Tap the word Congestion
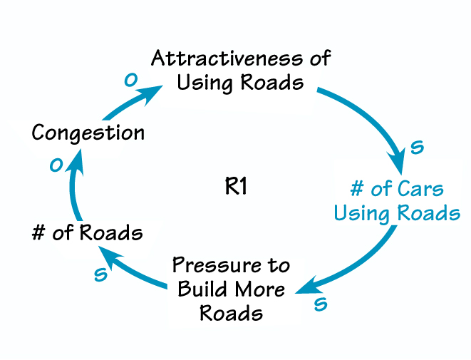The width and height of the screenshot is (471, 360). point(88,133)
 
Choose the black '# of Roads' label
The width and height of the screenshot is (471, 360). point(87,232)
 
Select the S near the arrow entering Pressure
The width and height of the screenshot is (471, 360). point(321,304)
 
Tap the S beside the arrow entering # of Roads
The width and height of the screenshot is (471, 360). point(100,274)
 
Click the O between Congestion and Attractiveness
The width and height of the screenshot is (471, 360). point(130,80)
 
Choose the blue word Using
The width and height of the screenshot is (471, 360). point(361,213)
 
